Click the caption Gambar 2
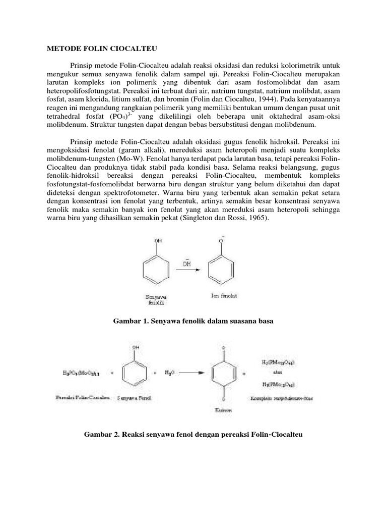[193, 435]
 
